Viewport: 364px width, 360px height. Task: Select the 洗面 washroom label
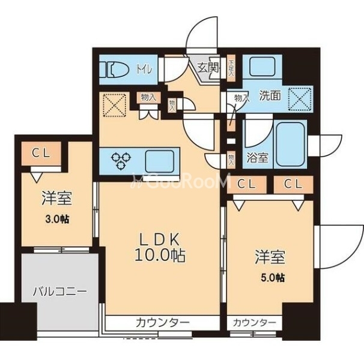point(270,95)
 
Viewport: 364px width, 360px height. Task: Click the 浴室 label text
point(258,159)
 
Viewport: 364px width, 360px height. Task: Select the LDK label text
point(157,238)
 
